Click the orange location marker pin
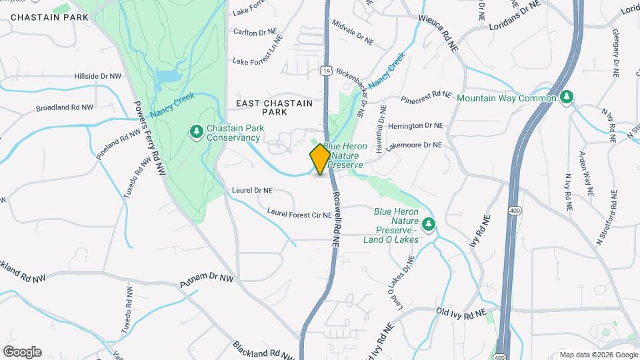(x=320, y=159)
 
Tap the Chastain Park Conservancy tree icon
(x=197, y=132)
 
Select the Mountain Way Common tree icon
(x=567, y=97)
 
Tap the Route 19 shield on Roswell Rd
(x=325, y=69)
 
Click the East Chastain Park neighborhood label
(x=274, y=108)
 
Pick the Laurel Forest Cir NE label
(x=299, y=215)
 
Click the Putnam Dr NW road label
(x=207, y=281)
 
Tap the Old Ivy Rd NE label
(x=467, y=312)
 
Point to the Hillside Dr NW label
(x=97, y=77)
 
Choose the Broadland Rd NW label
(x=65, y=107)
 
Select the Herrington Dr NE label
(x=415, y=125)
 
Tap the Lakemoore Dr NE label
(x=414, y=145)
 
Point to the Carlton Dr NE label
(x=254, y=32)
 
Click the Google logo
(x=22, y=352)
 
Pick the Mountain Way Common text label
(x=507, y=98)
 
